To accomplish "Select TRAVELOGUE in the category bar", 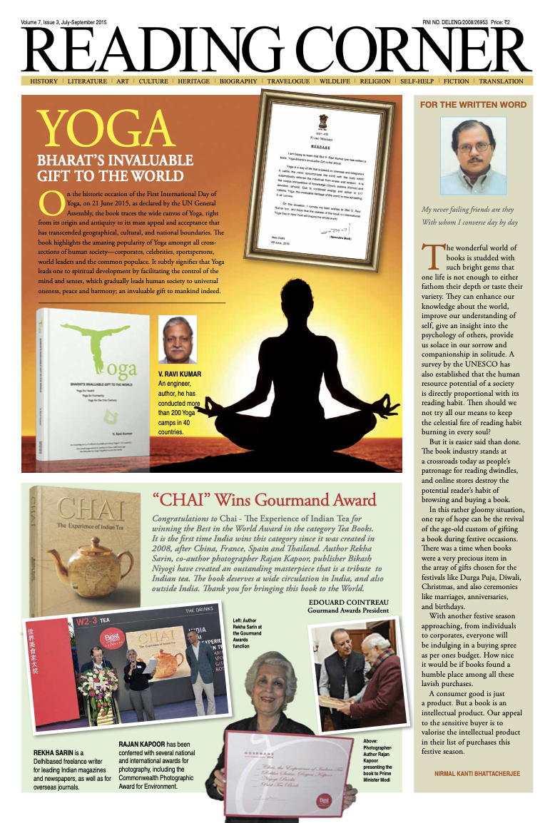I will [289, 81].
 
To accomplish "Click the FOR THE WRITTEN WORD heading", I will [473, 104].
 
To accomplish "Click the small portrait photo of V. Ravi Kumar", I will [177, 339].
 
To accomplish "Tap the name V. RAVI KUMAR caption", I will [179, 374].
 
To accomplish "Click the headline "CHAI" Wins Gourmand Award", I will [264, 499].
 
